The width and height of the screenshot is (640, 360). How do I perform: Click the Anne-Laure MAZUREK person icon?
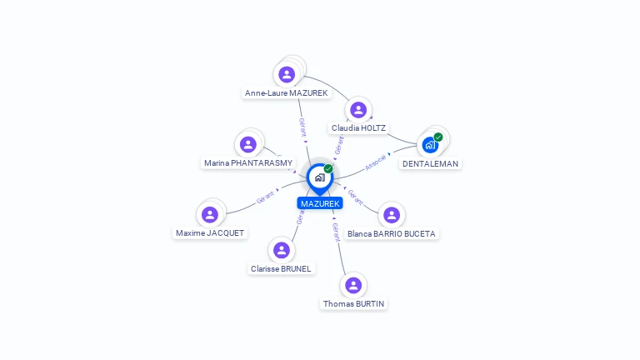[287, 74]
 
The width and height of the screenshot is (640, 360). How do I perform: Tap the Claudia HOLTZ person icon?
[358, 109]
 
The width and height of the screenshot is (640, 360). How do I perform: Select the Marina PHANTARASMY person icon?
[247, 144]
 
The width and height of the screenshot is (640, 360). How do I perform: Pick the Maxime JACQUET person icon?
[210, 214]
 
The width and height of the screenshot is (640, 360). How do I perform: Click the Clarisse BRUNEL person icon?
[281, 250]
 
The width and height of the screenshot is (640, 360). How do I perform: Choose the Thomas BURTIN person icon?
[353, 285]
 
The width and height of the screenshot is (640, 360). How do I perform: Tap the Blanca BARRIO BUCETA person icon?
[391, 215]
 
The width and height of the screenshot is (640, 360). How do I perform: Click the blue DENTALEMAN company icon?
[430, 145]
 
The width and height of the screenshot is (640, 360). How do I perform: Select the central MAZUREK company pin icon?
[319, 177]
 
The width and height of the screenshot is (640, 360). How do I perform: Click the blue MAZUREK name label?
[320, 203]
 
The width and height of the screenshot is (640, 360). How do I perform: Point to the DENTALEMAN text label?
[430, 164]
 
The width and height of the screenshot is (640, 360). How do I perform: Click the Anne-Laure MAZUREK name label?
[287, 93]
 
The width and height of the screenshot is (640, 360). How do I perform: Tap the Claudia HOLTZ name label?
[359, 128]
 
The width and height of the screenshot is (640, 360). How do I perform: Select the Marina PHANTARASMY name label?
[248, 163]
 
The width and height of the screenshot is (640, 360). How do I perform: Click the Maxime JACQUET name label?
[210, 233]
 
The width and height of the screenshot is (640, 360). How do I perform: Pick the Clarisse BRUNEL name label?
[281, 269]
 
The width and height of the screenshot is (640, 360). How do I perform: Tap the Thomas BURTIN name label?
[353, 304]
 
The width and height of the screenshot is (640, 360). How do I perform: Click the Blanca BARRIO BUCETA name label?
[391, 234]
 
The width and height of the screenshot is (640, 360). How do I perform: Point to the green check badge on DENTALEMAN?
[438, 137]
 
